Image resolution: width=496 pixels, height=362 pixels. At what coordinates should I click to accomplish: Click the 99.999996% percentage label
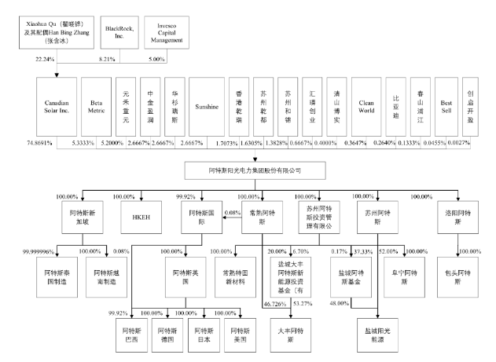pos(41,251)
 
